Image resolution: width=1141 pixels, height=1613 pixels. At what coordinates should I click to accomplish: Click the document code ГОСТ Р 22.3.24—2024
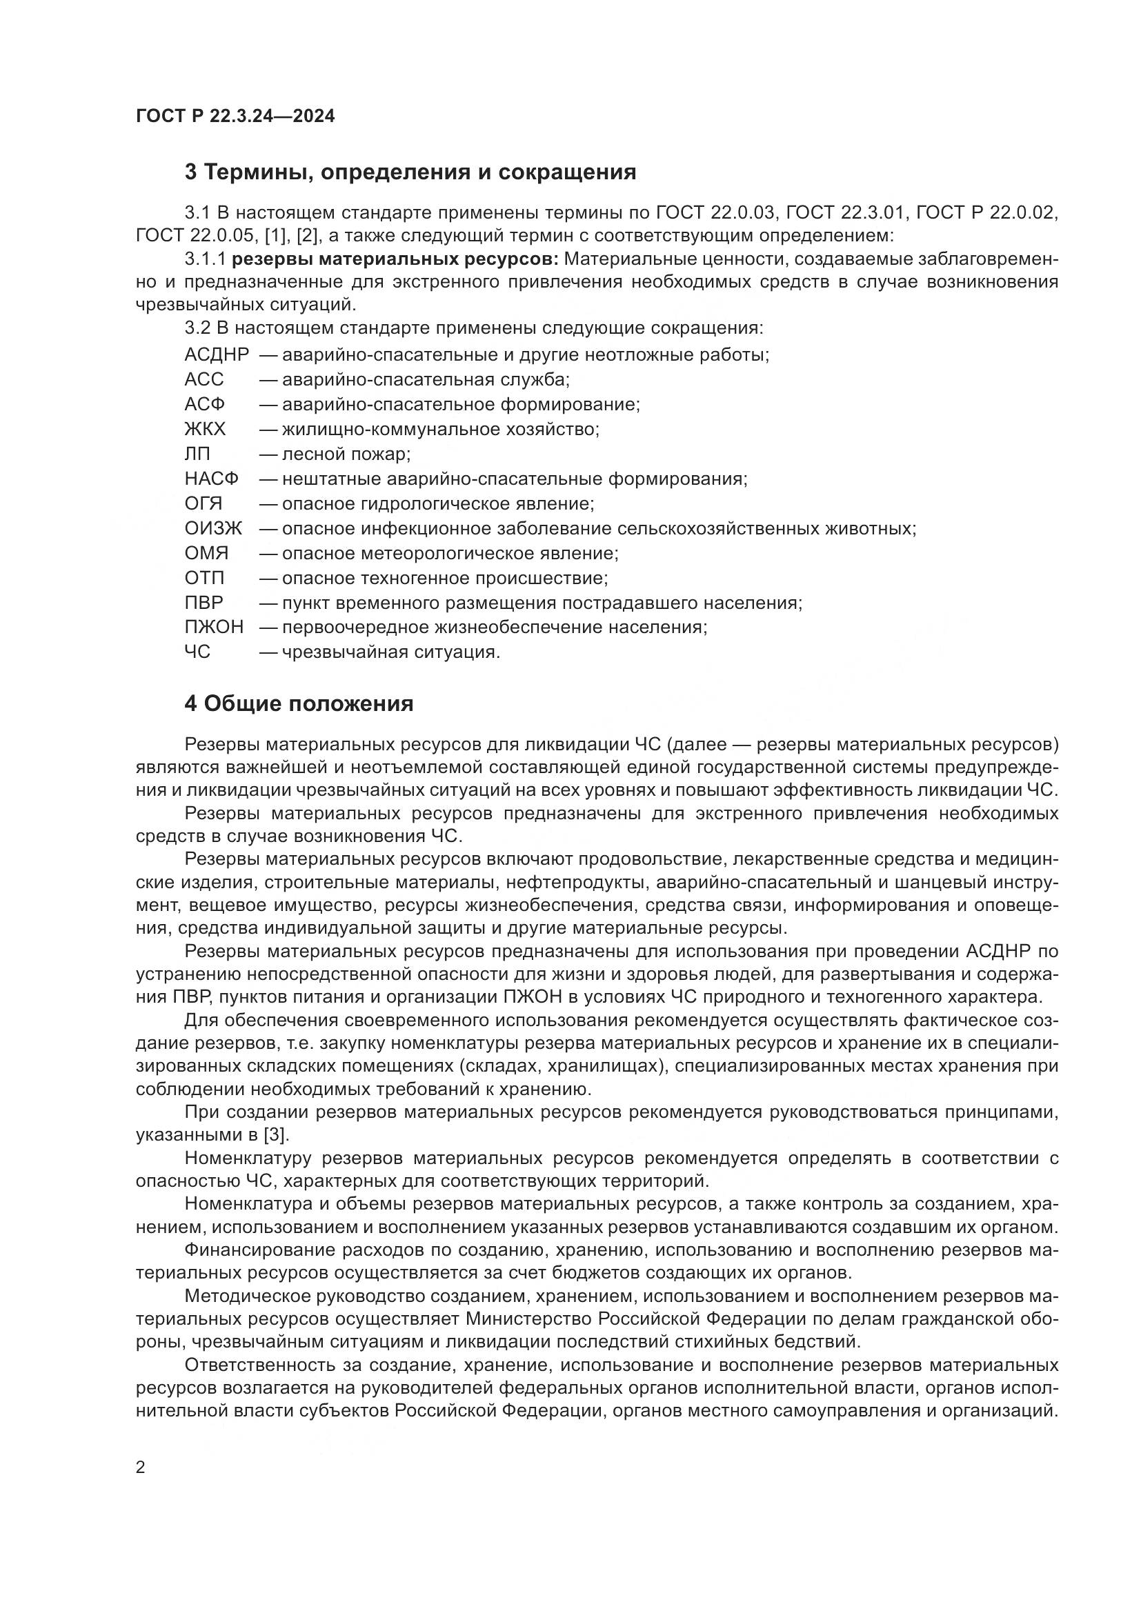pos(235,117)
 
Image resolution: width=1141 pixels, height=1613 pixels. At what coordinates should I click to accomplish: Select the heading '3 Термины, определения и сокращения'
pos(410,172)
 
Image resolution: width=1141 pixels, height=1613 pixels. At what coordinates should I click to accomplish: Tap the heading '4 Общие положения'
pos(299,703)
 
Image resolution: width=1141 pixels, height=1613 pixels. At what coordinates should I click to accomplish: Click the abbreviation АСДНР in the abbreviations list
pos(217,354)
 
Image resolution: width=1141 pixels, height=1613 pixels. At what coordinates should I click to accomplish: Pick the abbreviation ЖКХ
pos(204,429)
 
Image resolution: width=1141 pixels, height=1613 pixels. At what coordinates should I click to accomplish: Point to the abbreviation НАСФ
pos(211,479)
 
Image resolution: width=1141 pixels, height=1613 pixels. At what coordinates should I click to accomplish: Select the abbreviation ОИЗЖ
pos(213,528)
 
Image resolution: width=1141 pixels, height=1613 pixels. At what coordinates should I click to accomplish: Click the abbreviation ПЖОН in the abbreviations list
pos(214,628)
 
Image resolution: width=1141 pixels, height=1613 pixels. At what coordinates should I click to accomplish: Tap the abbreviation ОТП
pos(204,578)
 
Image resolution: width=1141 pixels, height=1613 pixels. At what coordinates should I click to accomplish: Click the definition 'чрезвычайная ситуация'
pos(390,652)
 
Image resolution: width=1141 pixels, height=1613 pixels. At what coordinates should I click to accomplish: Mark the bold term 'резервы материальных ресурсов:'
pos(395,259)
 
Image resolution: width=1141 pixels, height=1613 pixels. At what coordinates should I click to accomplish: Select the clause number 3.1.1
pos(205,259)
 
